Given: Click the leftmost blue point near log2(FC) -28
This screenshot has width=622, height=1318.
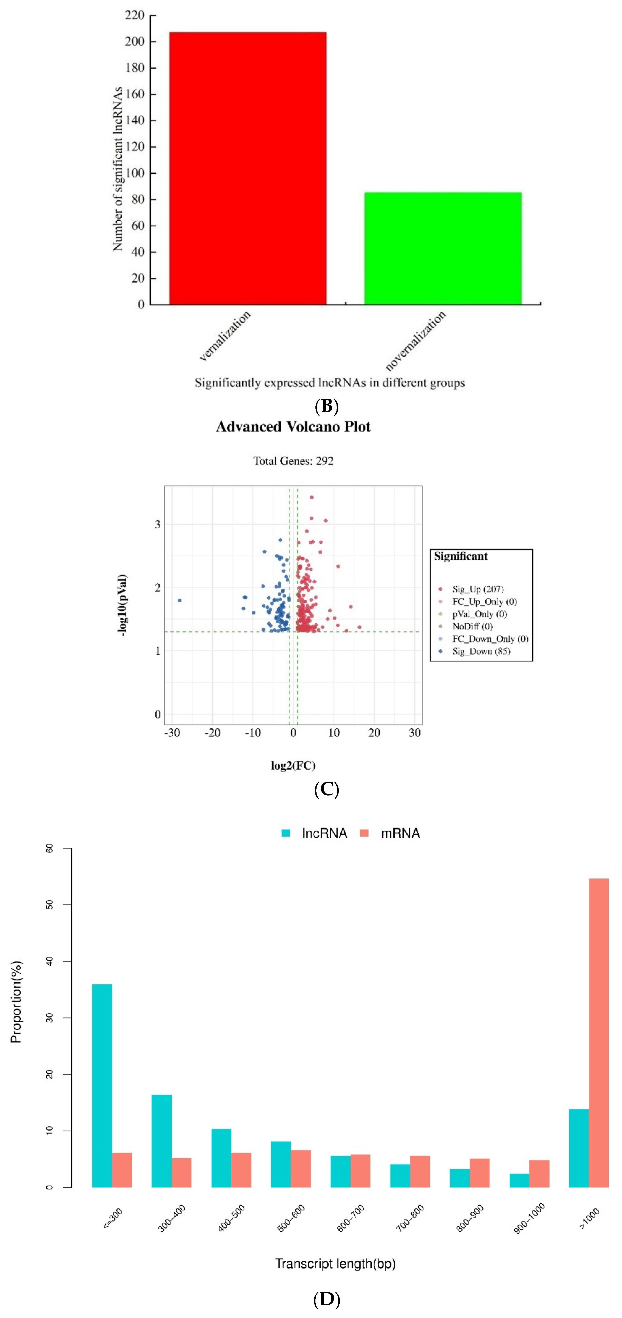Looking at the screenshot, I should [180, 600].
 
